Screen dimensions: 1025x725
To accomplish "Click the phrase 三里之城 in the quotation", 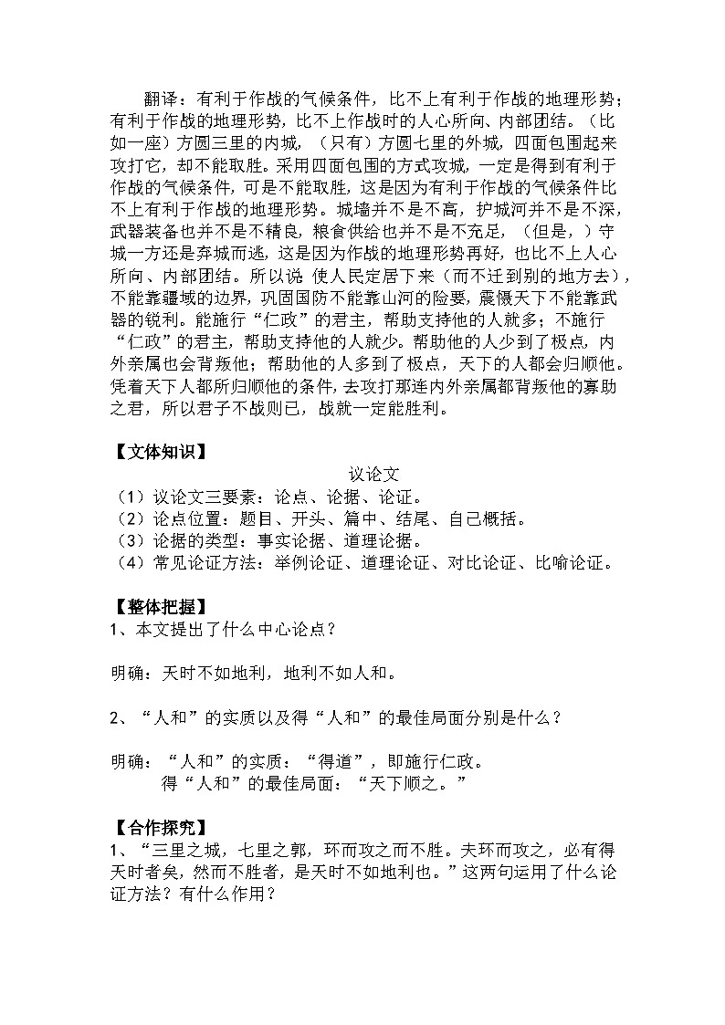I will click(182, 852).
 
